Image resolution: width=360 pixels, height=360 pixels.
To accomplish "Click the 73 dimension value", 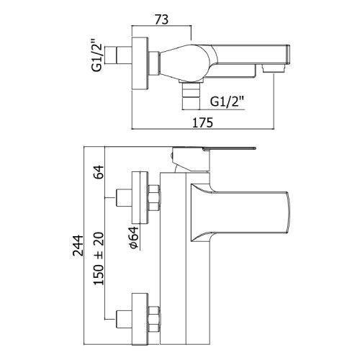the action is click(161, 19).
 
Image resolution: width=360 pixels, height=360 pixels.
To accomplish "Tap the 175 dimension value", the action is click(203, 122).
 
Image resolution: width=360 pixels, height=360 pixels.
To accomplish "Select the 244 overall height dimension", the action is click(78, 246).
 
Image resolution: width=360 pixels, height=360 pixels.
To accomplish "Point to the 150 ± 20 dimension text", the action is click(99, 258).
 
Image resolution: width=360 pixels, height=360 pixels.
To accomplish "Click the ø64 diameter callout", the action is click(134, 237).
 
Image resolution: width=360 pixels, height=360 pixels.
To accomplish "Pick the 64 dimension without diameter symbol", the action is click(99, 172).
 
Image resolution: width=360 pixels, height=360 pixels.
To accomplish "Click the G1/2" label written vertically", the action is click(97, 58).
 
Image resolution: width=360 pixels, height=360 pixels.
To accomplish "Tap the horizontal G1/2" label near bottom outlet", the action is click(227, 102).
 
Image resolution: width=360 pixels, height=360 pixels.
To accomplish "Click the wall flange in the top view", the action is click(140, 63).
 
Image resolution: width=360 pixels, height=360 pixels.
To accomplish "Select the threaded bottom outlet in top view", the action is click(191, 95).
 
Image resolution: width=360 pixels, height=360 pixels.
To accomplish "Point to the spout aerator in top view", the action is click(274, 68).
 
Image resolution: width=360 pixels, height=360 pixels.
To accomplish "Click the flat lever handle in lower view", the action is click(229, 148).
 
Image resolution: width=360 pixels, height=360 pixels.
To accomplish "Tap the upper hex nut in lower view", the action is click(154, 198).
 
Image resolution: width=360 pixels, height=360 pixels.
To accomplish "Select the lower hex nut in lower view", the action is click(154, 319).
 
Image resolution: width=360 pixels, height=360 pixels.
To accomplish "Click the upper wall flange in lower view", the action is click(140, 197).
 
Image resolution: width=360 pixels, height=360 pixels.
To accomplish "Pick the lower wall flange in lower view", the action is click(140, 319).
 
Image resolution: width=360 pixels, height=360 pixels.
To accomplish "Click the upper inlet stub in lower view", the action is click(124, 198).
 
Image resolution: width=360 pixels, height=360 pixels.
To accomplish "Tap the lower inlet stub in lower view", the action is click(124, 320).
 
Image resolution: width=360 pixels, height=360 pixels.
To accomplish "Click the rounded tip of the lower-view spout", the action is click(289, 212).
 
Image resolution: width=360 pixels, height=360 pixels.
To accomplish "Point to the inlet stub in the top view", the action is click(119, 55).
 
